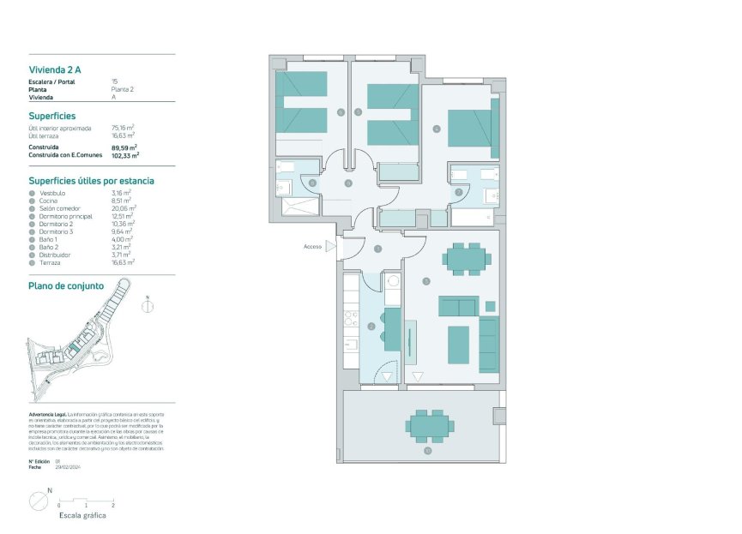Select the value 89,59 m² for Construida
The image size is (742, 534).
tap(124, 147)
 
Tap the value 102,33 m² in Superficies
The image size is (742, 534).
tap(125, 156)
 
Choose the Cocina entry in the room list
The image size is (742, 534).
tap(48, 201)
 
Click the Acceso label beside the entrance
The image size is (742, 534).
tap(312, 247)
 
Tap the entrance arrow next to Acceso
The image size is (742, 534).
tap(330, 247)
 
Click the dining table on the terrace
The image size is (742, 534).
tap(429, 424)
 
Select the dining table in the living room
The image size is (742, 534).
tap(468, 258)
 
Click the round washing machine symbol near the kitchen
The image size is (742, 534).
tap(393, 279)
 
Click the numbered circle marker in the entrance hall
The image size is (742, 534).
tap(378, 249)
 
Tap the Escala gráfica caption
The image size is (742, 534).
tap(82, 516)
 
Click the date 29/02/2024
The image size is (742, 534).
tap(68, 467)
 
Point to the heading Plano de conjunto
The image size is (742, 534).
tap(66, 285)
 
